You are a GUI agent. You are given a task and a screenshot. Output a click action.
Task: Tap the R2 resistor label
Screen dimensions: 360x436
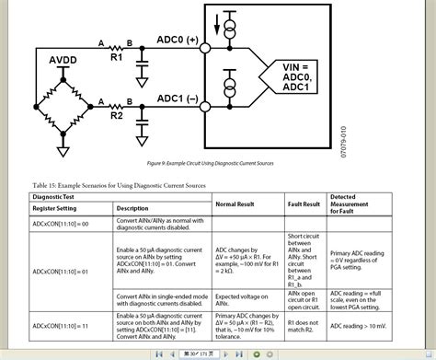click(116, 117)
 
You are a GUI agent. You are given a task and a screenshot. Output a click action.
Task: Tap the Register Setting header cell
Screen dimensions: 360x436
click(58, 208)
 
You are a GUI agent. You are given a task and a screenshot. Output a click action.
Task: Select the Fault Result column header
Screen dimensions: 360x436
click(304, 203)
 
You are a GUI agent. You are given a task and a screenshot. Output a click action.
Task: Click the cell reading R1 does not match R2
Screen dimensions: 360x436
click(304, 326)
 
